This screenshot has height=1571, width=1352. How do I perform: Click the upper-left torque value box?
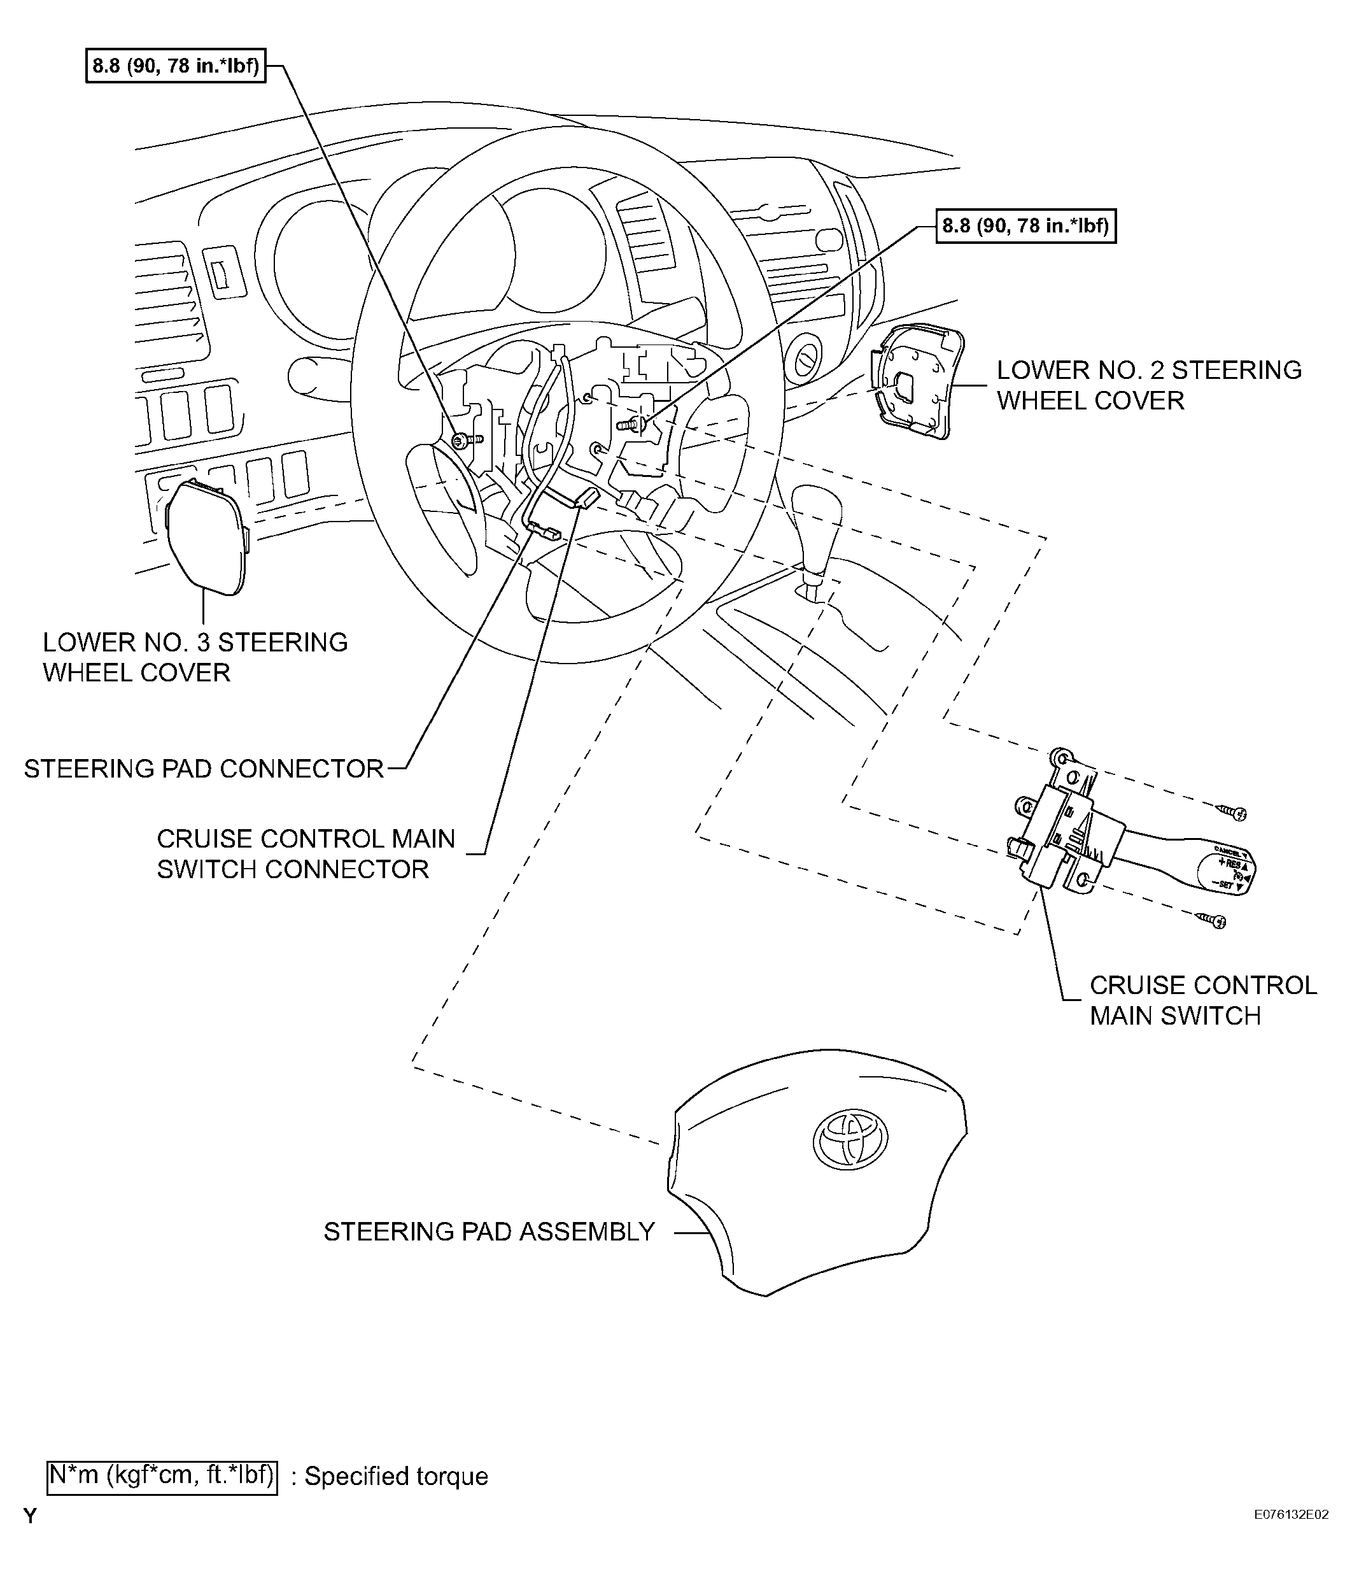(x=175, y=66)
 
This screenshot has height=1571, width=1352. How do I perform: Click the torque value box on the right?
(x=1025, y=226)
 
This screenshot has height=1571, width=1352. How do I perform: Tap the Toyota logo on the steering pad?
(x=850, y=1138)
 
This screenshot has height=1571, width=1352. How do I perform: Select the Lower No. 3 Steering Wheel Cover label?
(x=195, y=657)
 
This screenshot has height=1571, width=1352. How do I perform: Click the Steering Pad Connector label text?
(x=204, y=769)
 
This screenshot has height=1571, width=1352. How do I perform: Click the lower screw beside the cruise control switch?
(x=1213, y=920)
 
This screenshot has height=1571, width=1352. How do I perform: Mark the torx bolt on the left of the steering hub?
(x=460, y=440)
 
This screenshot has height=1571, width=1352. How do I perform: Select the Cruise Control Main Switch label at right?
(x=1202, y=1000)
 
